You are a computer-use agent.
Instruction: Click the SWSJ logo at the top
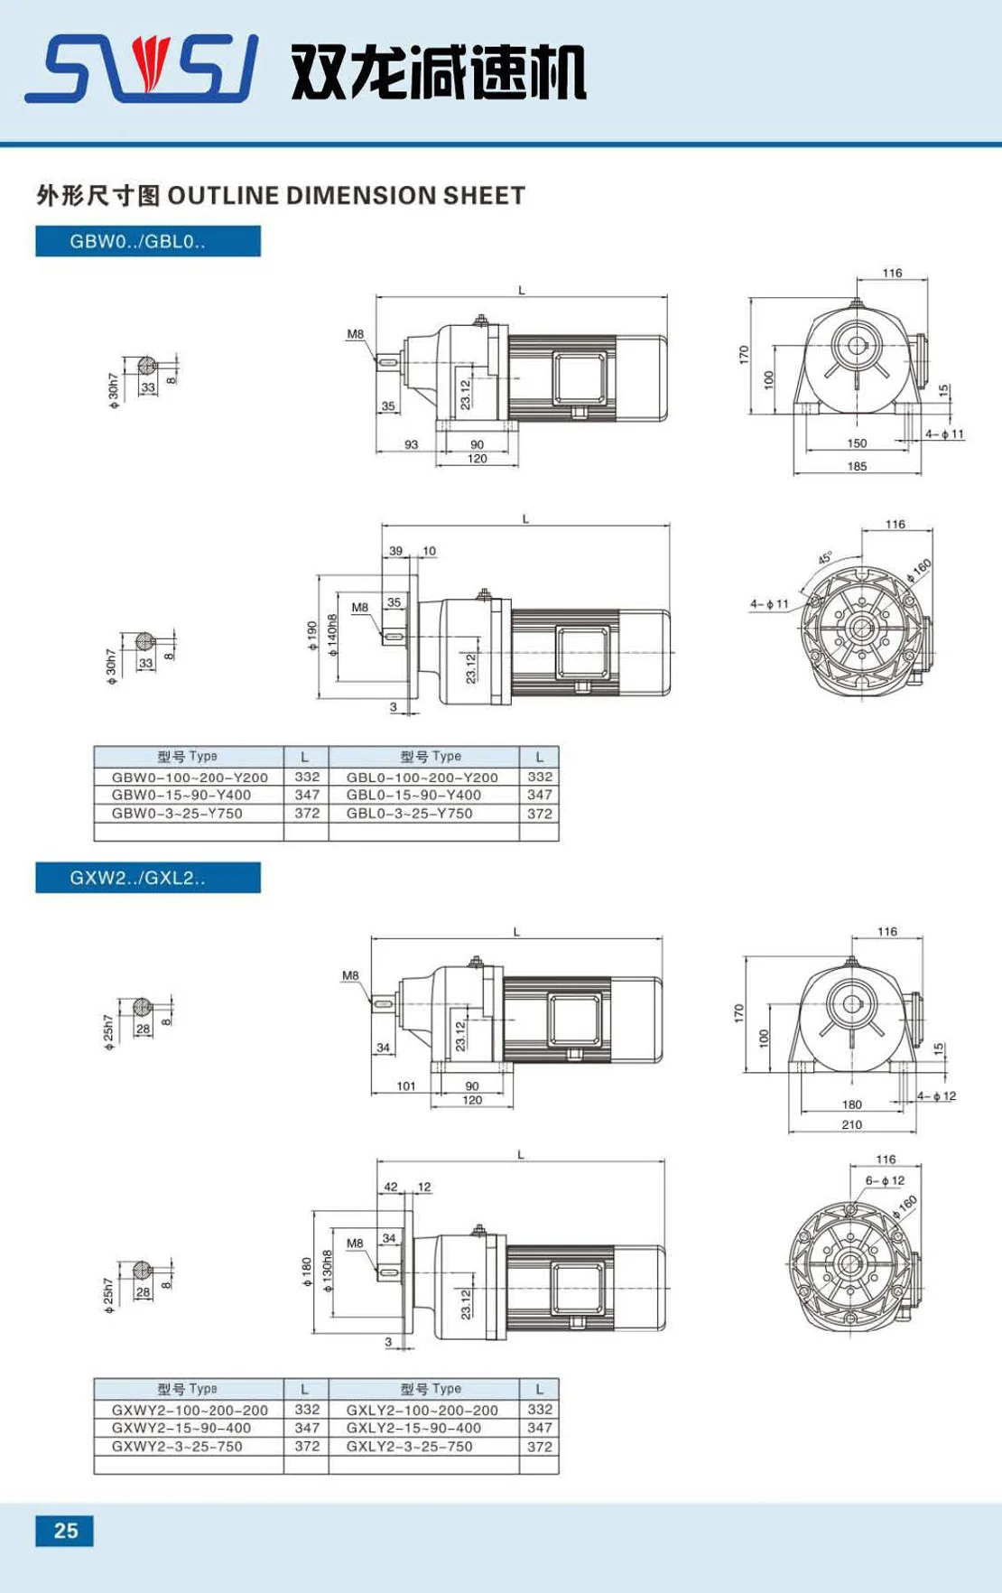pyautogui.click(x=142, y=69)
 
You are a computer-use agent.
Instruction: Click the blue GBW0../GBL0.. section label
pyautogui.click(x=148, y=241)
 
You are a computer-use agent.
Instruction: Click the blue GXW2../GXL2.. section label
pyautogui.click(x=148, y=878)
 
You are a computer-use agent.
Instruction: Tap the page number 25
pyautogui.click(x=65, y=1531)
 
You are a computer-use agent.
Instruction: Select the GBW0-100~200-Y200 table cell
pyautogui.click(x=190, y=777)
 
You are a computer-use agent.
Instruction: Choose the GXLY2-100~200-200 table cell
pyautogui.click(x=422, y=1410)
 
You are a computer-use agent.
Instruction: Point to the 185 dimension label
pyautogui.click(x=857, y=466)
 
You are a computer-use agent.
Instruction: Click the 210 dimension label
pyautogui.click(x=851, y=1124)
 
